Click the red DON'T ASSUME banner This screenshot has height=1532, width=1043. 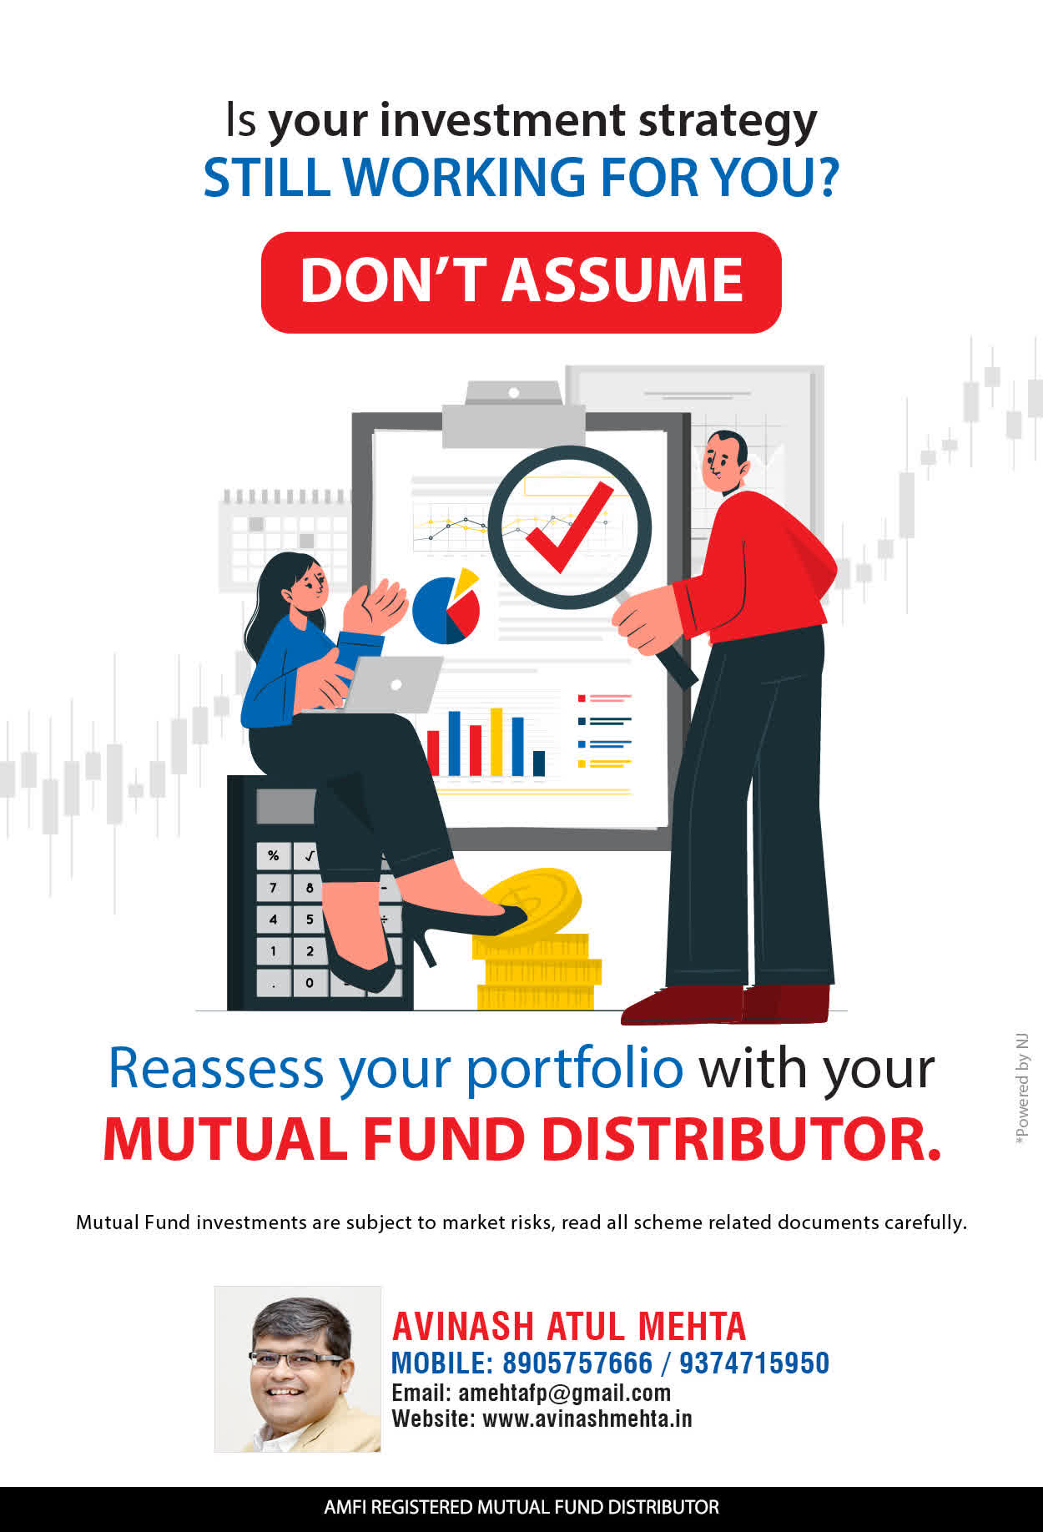point(521,282)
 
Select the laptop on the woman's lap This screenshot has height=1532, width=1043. point(392,684)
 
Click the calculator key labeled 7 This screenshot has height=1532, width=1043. point(273,888)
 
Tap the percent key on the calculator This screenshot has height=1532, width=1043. point(273,856)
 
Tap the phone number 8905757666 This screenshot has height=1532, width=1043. point(577,1363)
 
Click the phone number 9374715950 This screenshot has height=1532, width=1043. point(754,1363)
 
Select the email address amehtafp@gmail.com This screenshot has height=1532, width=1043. point(565,1393)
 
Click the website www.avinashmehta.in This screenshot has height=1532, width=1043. point(587,1419)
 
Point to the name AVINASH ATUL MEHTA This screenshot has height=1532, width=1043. point(569,1327)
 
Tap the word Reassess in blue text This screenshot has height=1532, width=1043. point(216,1068)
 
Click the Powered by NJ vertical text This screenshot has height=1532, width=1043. point(1022,1089)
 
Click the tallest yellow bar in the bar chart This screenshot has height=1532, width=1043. point(496,742)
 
